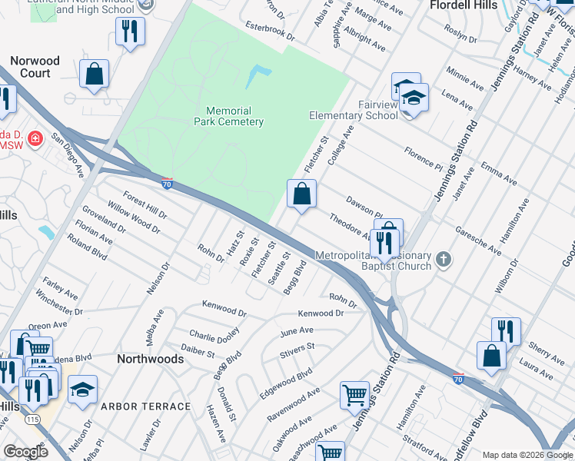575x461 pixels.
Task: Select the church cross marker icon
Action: (443, 260)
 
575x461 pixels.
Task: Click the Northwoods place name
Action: (150, 359)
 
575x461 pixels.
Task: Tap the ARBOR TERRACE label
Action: (145, 406)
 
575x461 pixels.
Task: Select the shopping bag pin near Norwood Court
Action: (94, 75)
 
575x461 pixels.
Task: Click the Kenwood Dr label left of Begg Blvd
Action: (224, 309)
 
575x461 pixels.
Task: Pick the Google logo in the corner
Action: (26, 452)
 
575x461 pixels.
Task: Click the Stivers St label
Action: (297, 350)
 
